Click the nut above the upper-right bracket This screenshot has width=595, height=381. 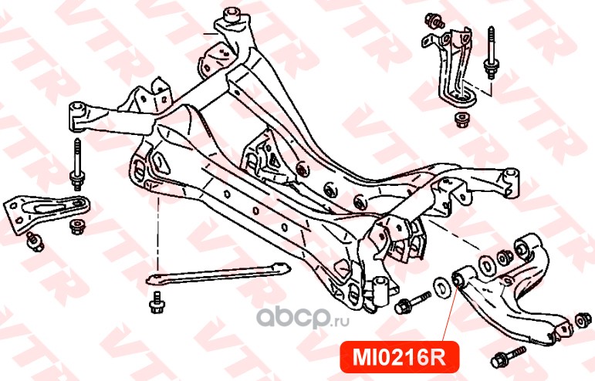(431, 21)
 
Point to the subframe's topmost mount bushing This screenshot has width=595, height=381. (233, 14)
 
